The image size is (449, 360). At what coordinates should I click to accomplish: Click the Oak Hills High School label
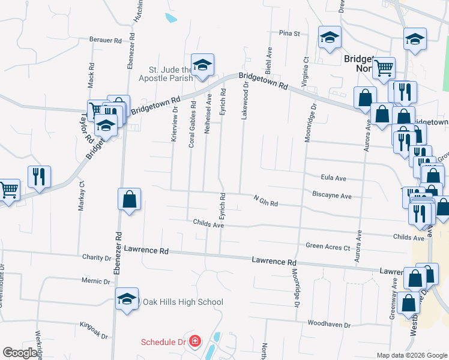(182, 302)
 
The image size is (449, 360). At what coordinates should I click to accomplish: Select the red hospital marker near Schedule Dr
(194, 343)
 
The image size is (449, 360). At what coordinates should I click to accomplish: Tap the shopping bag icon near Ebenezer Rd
(129, 199)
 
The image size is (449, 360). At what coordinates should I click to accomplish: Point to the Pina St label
(289, 34)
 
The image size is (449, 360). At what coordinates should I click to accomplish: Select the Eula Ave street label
(334, 178)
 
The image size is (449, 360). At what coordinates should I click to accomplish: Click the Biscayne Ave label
(332, 195)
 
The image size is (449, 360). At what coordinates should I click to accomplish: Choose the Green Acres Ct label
(328, 247)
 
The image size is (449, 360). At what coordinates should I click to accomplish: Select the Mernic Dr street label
(97, 281)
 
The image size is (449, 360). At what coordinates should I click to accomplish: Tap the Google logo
(20, 353)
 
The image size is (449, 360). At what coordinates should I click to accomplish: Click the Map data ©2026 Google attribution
(411, 355)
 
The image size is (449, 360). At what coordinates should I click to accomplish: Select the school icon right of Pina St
(330, 38)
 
